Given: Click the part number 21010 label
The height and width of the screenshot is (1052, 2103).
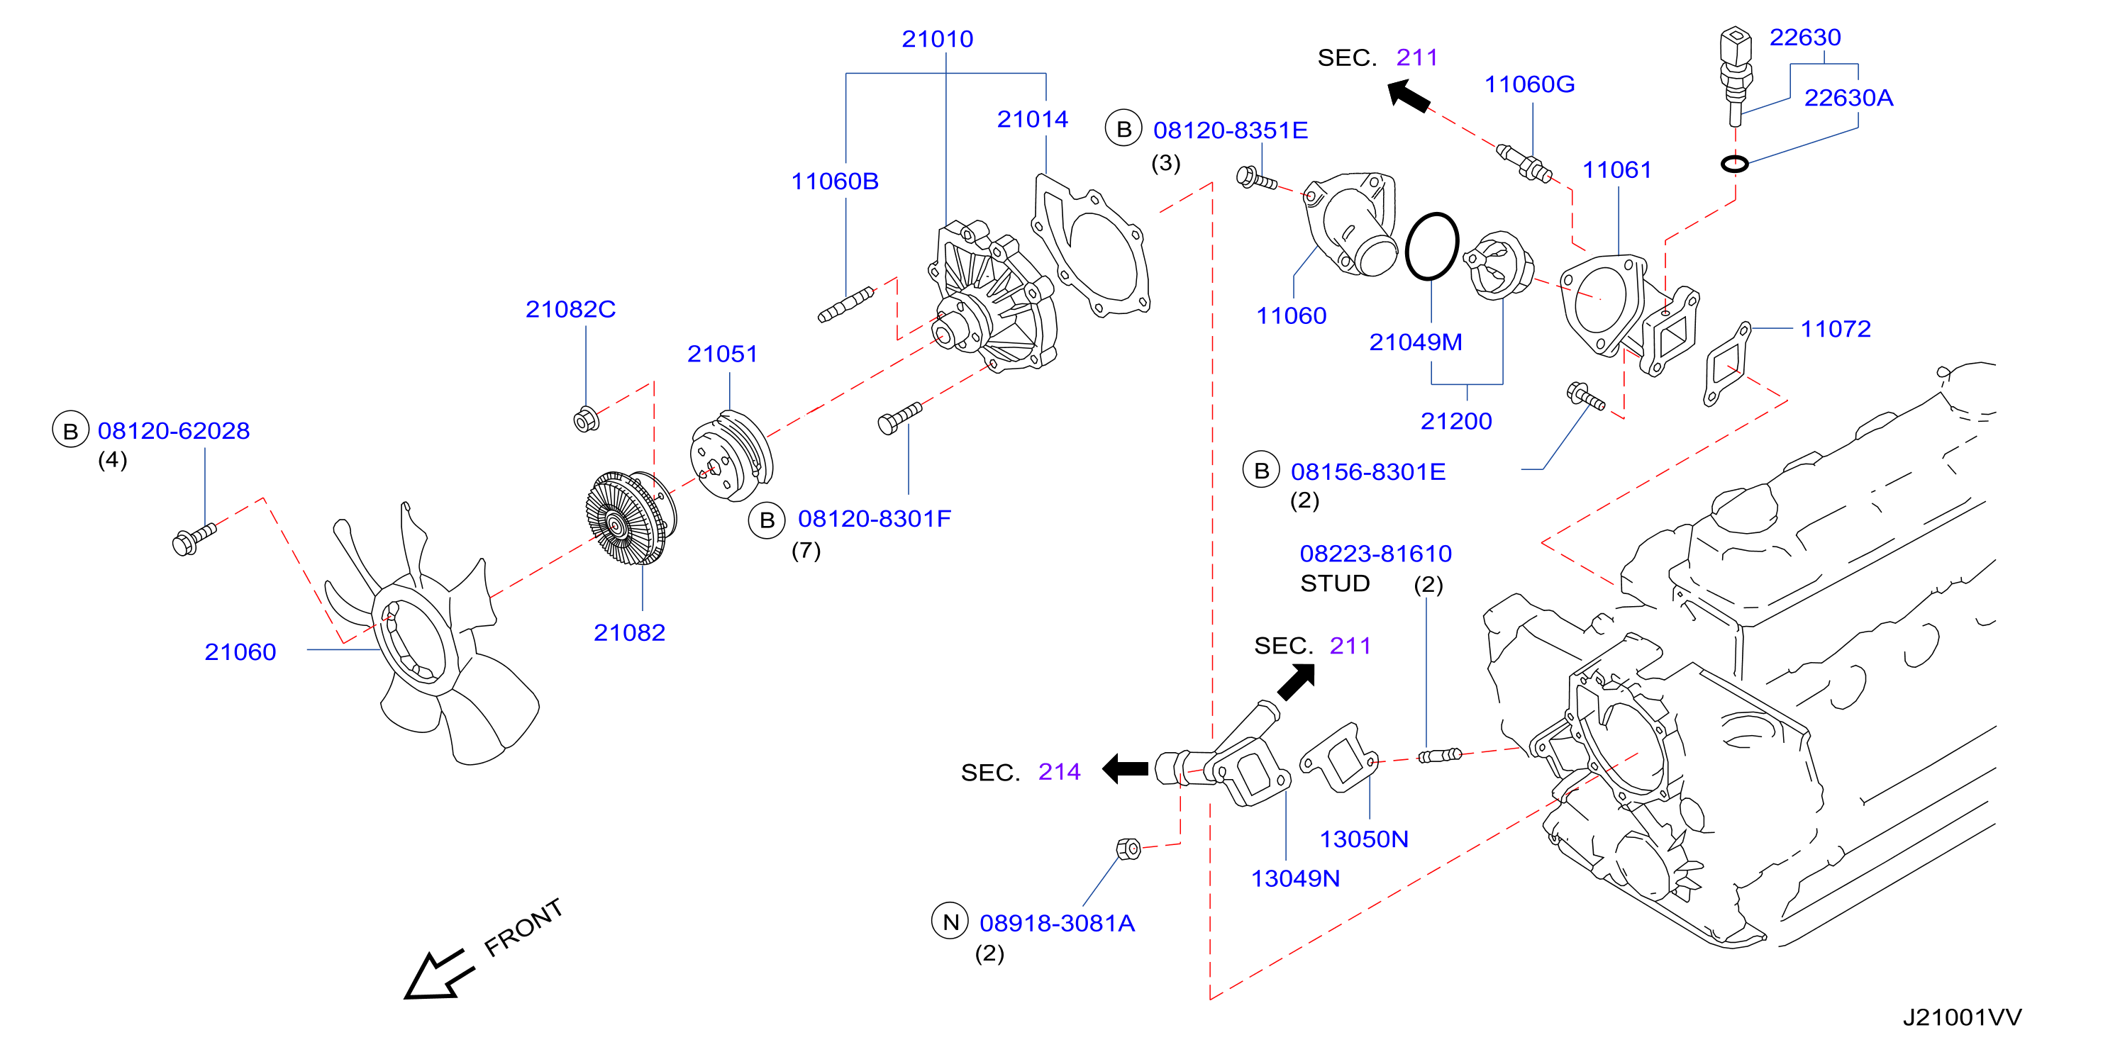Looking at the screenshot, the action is click(937, 38).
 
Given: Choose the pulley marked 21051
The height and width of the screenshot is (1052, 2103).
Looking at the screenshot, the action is click(731, 455).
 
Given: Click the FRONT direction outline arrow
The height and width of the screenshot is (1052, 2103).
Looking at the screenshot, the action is click(438, 975).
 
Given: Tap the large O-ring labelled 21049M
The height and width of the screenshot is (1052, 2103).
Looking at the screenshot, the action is click(1432, 246).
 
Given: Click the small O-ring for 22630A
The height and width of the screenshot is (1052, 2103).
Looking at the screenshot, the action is click(1735, 163).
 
